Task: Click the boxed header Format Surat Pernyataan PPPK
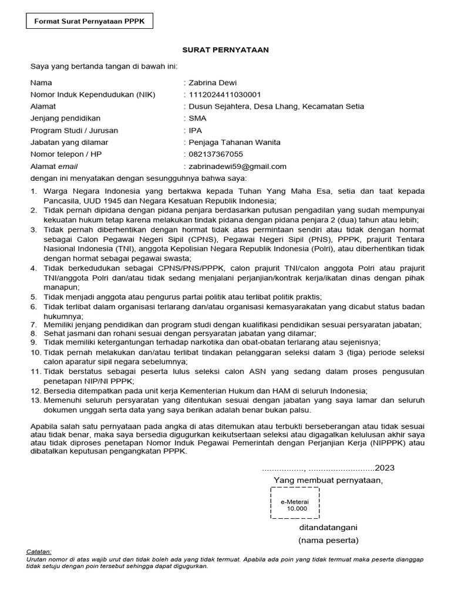pyautogui.click(x=89, y=22)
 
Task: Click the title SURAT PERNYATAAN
pyautogui.click(x=225, y=50)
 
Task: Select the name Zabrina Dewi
pyautogui.click(x=213, y=83)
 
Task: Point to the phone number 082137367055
pyautogui.click(x=216, y=154)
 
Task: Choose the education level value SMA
pyautogui.click(x=198, y=119)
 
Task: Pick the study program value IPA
pyautogui.click(x=195, y=130)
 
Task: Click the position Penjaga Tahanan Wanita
pyautogui.click(x=234, y=143)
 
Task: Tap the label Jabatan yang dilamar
pyautogui.click(x=69, y=143)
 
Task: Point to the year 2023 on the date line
pyautogui.click(x=385, y=468)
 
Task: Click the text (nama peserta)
pyautogui.click(x=328, y=540)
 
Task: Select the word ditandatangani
pyautogui.click(x=328, y=527)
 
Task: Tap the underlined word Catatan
pyautogui.click(x=39, y=552)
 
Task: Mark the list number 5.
pyautogui.click(x=35, y=297)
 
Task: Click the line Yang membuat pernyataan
pyautogui.click(x=328, y=481)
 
